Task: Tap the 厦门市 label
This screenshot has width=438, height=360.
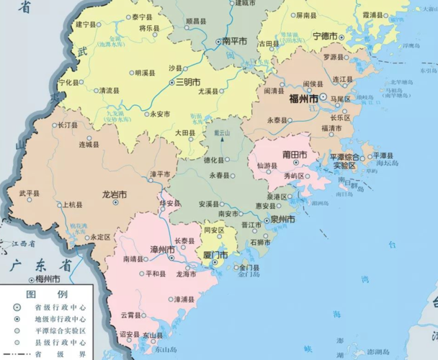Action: [x=215, y=255]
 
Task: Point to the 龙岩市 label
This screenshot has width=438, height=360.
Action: [x=114, y=194]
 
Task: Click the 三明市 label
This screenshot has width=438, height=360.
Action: [x=188, y=82]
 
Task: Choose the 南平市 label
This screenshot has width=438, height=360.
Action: [x=235, y=42]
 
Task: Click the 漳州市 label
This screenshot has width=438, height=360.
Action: [x=161, y=249]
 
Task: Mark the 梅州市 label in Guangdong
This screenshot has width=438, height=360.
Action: [x=47, y=279]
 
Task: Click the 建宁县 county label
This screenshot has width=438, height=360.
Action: [x=86, y=24]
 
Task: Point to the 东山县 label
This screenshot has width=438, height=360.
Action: [x=153, y=335]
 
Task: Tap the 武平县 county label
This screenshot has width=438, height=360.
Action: [x=30, y=193]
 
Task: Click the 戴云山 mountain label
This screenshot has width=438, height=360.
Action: [x=221, y=133]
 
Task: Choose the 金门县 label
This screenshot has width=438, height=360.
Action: [x=249, y=268]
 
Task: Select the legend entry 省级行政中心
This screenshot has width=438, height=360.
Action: [x=57, y=307]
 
